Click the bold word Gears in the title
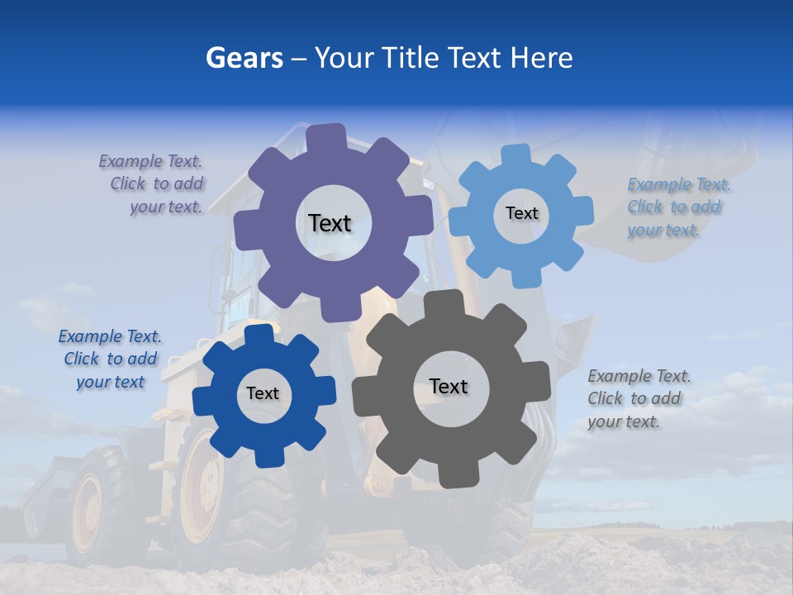[244, 58]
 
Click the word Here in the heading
[541, 58]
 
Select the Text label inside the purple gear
[330, 223]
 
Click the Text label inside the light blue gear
[521, 213]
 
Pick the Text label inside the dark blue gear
[263, 394]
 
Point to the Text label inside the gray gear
[449, 386]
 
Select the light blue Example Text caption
[678, 207]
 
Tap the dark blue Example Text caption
[110, 359]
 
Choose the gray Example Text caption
[639, 398]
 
